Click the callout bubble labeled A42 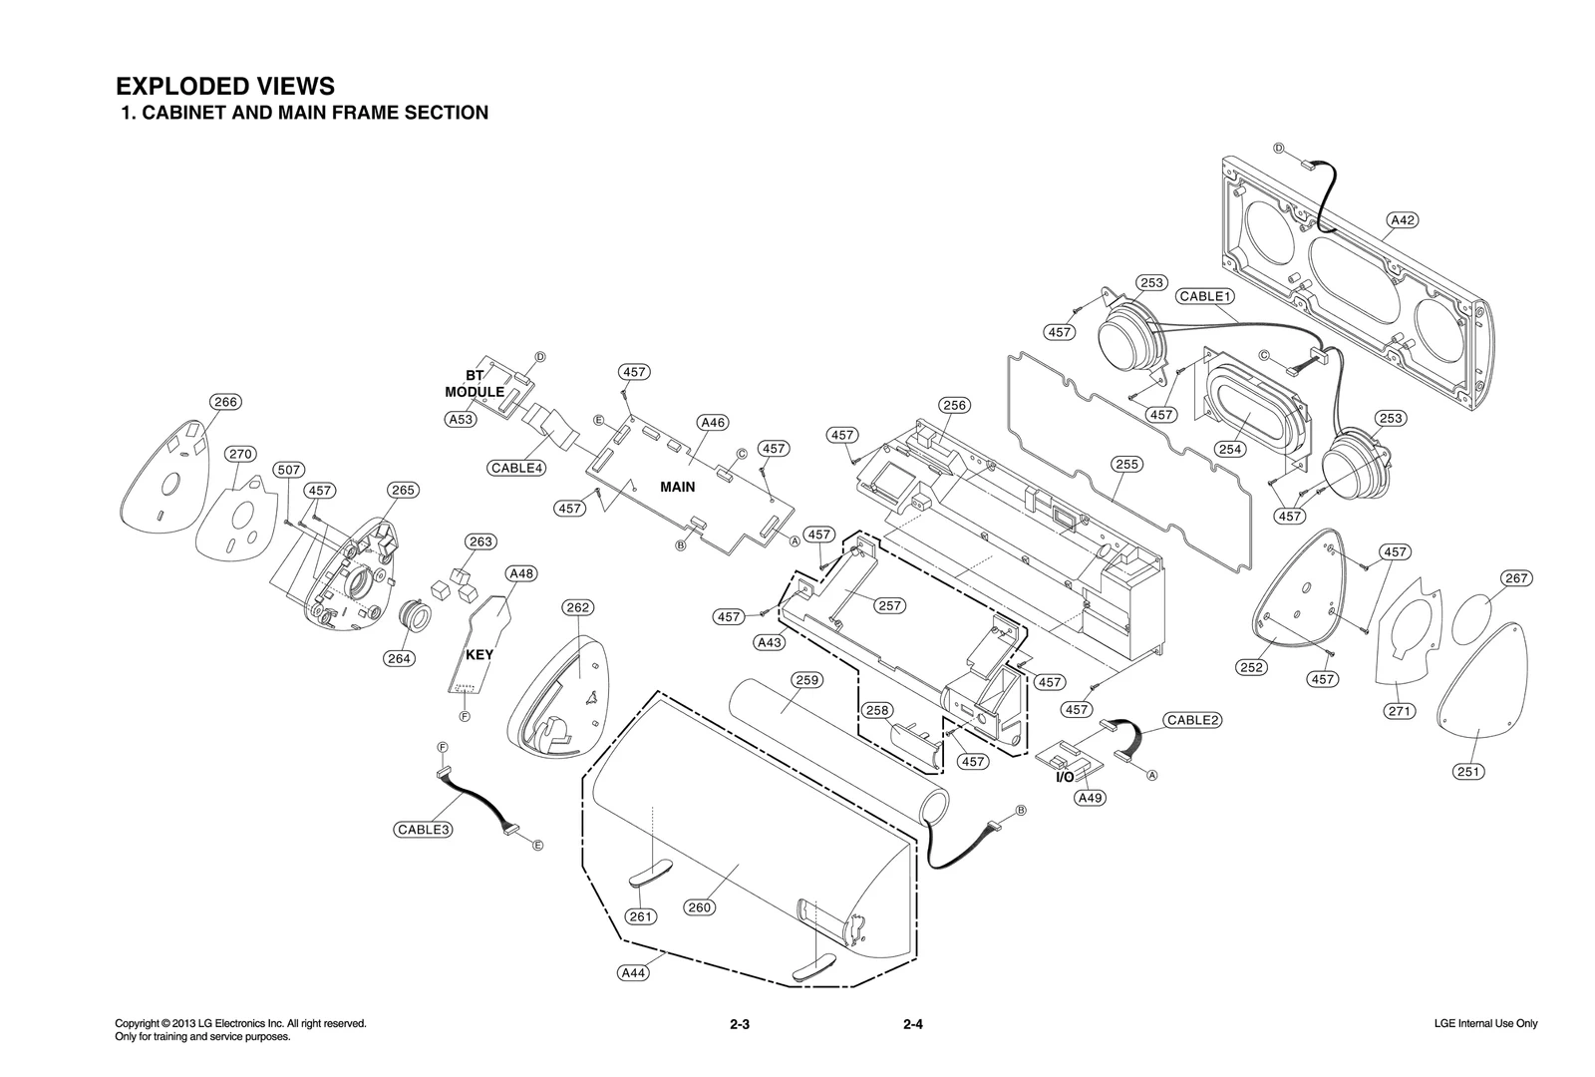pos(1402,220)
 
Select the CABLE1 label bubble pos(1205,296)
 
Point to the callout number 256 pos(954,405)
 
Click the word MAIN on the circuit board pos(677,487)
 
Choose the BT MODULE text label pos(475,384)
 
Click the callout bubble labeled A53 pos(460,420)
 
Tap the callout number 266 pos(225,402)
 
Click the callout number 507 pos(288,470)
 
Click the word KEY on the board pos(479,655)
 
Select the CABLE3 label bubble pos(424,829)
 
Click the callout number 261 pos(641,916)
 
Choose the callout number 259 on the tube pos(805,680)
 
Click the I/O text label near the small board pos(1065,777)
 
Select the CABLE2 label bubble pos(1193,720)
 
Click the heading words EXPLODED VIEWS pos(225,86)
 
